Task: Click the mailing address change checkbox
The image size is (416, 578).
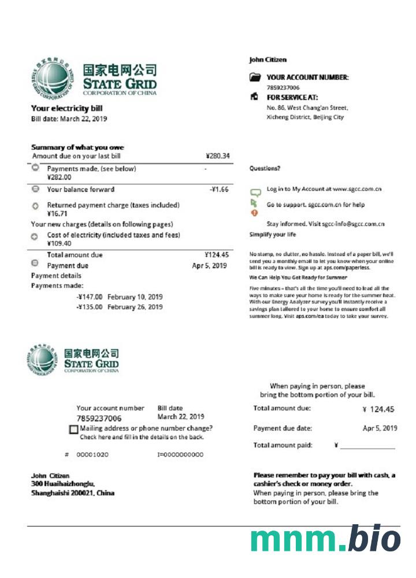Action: pos(73,429)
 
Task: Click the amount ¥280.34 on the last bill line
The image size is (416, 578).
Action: pos(218,156)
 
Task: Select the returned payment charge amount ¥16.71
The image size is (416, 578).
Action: pos(58,214)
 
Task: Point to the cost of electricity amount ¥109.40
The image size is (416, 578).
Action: pos(59,244)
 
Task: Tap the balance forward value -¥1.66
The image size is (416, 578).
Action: pos(219,190)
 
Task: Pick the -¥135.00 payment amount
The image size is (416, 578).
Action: pos(90,307)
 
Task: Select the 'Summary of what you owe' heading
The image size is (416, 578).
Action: pos(77,147)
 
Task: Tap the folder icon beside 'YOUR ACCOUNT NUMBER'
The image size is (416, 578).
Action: pos(255,77)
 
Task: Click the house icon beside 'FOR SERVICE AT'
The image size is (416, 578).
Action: pos(254,97)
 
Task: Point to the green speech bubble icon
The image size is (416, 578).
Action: pos(255,191)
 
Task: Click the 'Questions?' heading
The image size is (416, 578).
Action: pos(265,169)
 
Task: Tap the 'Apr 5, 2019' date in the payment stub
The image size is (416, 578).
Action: pos(380,428)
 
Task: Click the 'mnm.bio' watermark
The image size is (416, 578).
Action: pos(325,539)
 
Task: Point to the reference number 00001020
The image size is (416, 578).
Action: pos(92,455)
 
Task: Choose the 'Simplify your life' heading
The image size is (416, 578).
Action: pos(273,235)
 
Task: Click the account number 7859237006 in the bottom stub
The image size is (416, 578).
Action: pos(99,418)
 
